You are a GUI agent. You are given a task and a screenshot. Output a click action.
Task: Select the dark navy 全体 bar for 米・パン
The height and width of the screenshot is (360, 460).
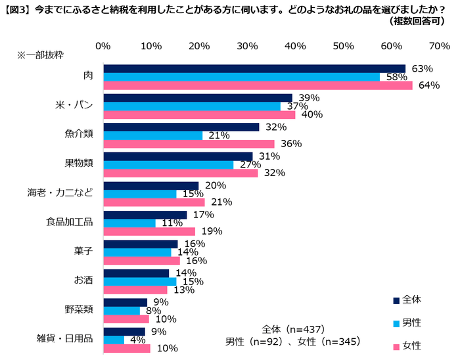(x=197, y=98)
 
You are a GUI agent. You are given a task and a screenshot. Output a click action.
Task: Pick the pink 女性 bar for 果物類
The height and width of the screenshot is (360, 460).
(x=180, y=173)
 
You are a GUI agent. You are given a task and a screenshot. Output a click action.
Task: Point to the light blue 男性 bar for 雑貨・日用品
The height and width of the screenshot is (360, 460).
(x=113, y=340)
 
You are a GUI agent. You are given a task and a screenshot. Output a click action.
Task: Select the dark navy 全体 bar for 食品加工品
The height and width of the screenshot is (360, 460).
(x=145, y=215)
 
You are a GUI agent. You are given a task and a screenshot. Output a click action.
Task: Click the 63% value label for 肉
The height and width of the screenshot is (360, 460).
(x=421, y=68)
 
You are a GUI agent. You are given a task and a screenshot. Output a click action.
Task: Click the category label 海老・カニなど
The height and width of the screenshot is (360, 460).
(x=60, y=193)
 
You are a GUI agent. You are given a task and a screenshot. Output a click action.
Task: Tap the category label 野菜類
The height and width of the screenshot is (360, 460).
(x=79, y=309)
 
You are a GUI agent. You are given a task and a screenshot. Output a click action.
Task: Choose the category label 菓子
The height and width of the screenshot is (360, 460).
(x=83, y=251)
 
